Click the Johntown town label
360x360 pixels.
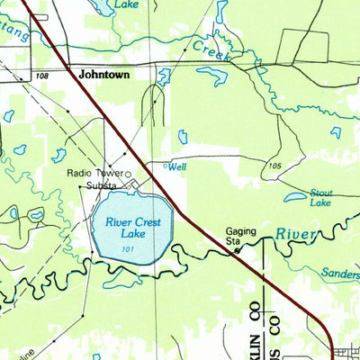coord(104,76)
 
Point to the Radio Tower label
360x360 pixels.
coord(94,174)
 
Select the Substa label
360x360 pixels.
coord(100,186)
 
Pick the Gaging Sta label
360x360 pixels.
coord(240,236)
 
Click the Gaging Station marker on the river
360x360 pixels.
coord(237,252)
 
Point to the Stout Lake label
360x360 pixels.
coord(321,198)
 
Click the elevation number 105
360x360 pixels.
coord(274,166)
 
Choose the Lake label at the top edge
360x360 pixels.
coord(125,4)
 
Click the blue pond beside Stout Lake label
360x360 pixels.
coord(296,195)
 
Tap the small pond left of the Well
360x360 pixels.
coord(182,136)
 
